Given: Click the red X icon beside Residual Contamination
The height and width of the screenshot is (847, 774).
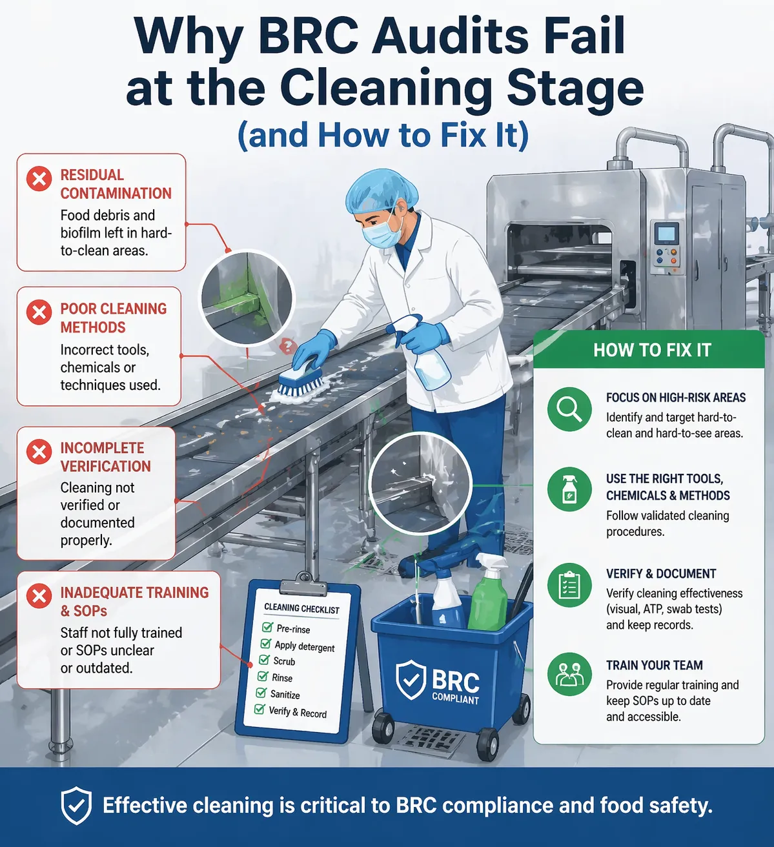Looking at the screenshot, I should click(x=39, y=178).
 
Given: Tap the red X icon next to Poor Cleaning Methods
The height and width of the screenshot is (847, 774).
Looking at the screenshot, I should click(x=39, y=312).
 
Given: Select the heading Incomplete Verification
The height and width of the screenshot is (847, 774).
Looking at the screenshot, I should click(x=105, y=457).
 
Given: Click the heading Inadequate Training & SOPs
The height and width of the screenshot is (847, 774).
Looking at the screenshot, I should click(x=134, y=601).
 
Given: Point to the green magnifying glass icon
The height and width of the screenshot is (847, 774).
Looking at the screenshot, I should click(x=569, y=409).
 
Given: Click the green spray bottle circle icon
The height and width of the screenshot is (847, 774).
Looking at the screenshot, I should click(x=569, y=489).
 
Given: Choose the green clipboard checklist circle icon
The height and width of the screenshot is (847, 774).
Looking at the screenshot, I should click(x=569, y=585).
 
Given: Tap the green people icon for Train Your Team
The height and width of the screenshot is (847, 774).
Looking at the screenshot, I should click(x=569, y=674).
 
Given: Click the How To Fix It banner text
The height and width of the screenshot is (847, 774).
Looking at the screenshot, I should click(x=652, y=350).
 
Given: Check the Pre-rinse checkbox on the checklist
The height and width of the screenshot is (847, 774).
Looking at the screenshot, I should click(x=267, y=627).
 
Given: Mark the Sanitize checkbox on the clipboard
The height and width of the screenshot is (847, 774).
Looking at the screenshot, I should click(x=261, y=693).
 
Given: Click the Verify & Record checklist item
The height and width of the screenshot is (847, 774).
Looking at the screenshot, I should click(x=297, y=712).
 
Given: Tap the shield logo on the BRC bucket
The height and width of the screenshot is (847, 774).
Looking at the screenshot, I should click(x=411, y=680).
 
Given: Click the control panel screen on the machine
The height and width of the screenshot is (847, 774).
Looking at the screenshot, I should click(x=666, y=233).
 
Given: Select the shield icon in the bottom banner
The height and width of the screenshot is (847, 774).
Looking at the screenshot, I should click(x=76, y=806).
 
